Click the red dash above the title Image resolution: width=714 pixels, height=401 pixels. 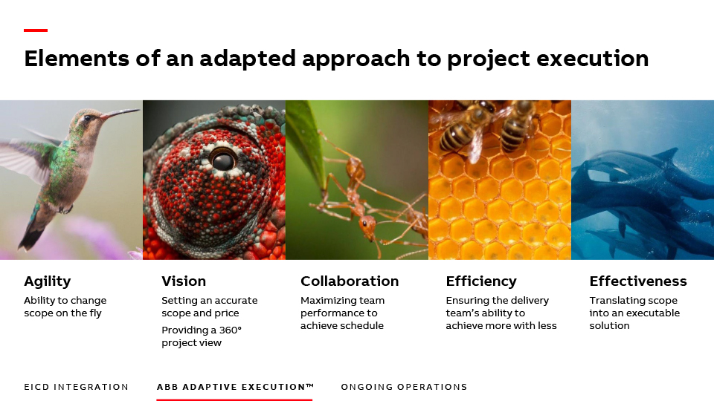pyautogui.click(x=36, y=30)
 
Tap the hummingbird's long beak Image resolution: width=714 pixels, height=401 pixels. pyautogui.click(x=120, y=113)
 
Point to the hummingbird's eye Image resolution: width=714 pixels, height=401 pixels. pyautogui.click(x=87, y=118)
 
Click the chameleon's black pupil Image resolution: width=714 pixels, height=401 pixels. pyautogui.click(x=223, y=161)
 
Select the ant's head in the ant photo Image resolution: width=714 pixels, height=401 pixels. pyautogui.click(x=367, y=224)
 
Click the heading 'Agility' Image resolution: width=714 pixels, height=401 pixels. pyautogui.click(x=48, y=281)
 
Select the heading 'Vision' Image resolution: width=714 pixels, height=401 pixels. pyautogui.click(x=184, y=281)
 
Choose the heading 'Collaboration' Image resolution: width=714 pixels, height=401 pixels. pyautogui.click(x=350, y=281)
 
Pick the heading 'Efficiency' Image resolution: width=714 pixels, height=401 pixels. pyautogui.click(x=481, y=281)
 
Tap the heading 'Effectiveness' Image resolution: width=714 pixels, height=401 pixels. pyautogui.click(x=638, y=281)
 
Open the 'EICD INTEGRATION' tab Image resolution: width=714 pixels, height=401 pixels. pyautogui.click(x=76, y=387)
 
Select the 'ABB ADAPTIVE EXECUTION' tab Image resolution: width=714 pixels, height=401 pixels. pyautogui.click(x=235, y=387)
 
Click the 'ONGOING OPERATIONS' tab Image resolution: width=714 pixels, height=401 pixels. pyautogui.click(x=404, y=387)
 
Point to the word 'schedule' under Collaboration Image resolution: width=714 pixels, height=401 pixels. pyautogui.click(x=363, y=325)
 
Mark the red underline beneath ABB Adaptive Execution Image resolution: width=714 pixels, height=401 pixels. pyautogui.click(x=234, y=400)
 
